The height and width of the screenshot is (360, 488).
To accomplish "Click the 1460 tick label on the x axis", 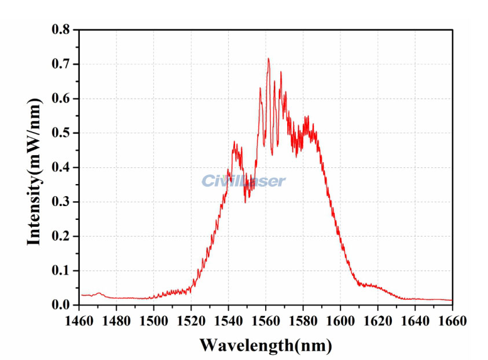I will point(79,319).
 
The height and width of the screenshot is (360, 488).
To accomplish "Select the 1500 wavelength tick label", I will point(154,319).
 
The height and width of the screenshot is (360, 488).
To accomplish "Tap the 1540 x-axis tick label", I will point(229,319).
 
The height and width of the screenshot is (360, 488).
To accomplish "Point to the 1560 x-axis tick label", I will point(266,319).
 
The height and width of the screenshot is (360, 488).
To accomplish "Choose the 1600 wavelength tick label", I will point(340,319).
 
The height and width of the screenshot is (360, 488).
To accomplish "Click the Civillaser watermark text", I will point(244,181).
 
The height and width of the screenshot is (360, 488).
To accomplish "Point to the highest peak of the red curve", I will point(268,58).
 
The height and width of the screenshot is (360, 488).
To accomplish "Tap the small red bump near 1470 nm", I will point(99,293).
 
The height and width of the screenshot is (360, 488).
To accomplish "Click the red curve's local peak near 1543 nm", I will point(234,142).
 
